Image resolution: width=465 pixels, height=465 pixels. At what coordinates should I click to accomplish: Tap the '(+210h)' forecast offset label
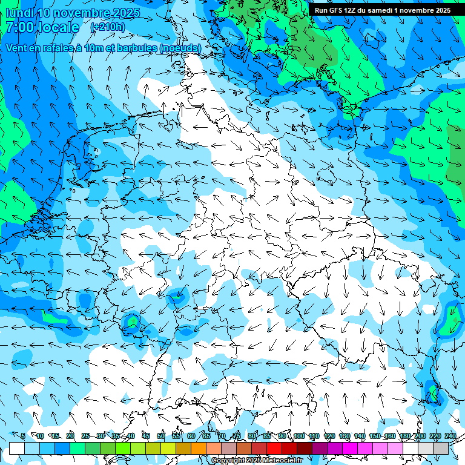[x=107, y=27]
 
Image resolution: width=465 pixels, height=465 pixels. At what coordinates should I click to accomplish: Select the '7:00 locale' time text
[x=42, y=27]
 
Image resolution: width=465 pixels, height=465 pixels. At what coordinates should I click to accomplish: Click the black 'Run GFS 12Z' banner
[x=382, y=10]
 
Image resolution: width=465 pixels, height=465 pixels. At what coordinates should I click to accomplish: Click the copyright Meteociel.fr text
[x=257, y=460]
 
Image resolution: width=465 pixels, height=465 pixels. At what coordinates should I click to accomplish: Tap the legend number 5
[x=23, y=436]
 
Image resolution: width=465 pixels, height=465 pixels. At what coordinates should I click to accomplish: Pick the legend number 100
[x=299, y=436]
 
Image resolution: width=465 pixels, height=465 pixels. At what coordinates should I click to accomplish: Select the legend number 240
[x=450, y=436]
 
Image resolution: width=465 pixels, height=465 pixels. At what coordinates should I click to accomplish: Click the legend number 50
[x=160, y=436]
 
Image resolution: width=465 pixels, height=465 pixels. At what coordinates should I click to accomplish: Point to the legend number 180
[x=404, y=436]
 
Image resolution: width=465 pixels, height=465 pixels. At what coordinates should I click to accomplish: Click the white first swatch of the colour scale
[x=17, y=448]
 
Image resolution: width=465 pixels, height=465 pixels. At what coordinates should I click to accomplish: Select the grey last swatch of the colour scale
[x=441, y=448]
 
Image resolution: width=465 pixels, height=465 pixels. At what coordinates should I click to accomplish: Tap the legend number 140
[x=360, y=436]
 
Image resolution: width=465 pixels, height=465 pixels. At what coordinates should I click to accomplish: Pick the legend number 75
[x=236, y=436]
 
